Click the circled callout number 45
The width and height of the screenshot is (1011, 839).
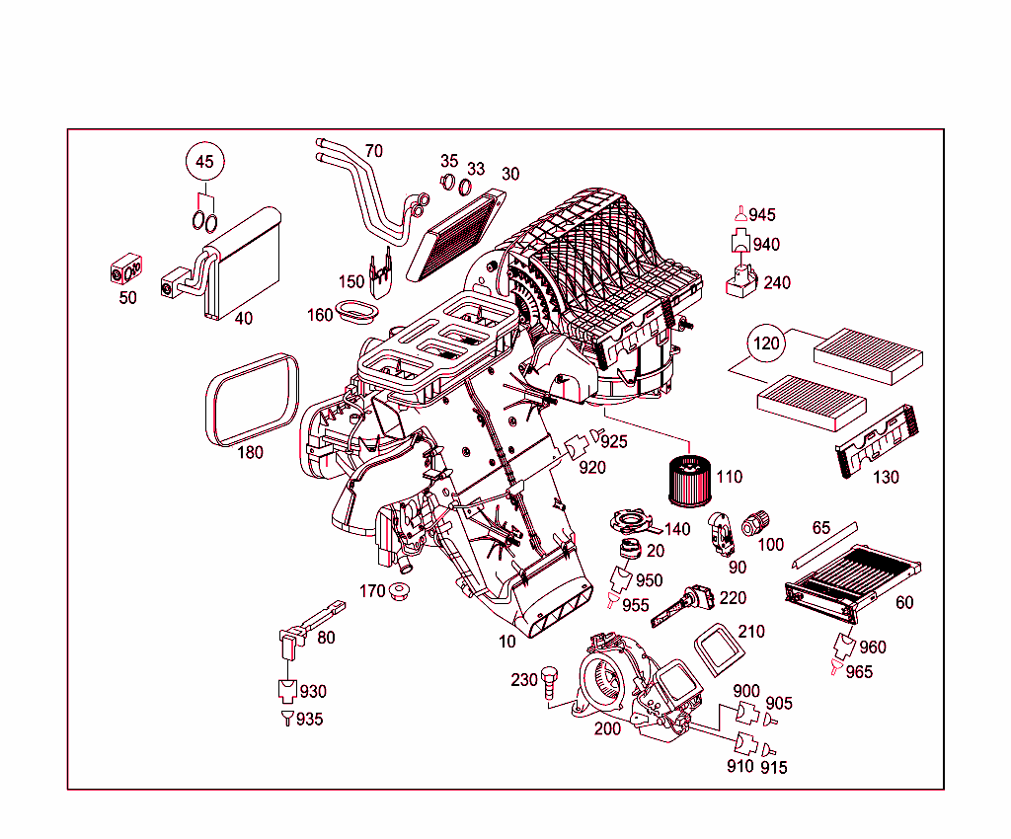[203, 162]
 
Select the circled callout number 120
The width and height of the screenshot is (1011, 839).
[767, 344]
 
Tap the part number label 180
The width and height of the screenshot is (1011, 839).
[251, 453]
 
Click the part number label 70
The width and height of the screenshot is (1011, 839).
[373, 151]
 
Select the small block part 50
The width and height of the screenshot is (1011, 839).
[126, 267]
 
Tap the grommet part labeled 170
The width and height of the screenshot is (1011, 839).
[401, 592]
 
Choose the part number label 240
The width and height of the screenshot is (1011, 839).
[777, 283]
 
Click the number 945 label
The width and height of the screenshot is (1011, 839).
[762, 215]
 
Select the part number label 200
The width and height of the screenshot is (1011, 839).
[607, 729]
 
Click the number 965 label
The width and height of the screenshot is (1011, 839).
[859, 672]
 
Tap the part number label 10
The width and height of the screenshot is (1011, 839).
[507, 642]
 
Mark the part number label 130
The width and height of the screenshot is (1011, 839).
[886, 477]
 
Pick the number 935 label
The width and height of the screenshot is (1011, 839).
[309, 720]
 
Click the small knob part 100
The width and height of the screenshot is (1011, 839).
[758, 522]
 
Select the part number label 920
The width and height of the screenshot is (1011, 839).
[592, 468]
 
